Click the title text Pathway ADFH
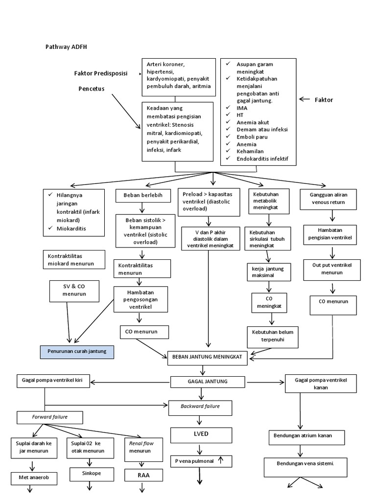tap(66, 47)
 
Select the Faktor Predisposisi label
tap(100, 73)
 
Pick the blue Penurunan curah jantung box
tap(76, 352)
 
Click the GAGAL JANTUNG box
tap(202, 382)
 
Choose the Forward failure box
tap(50, 417)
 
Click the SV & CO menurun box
tap(74, 290)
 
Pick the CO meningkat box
tap(269, 303)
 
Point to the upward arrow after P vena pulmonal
tap(221, 460)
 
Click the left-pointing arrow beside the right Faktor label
tap(305, 99)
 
